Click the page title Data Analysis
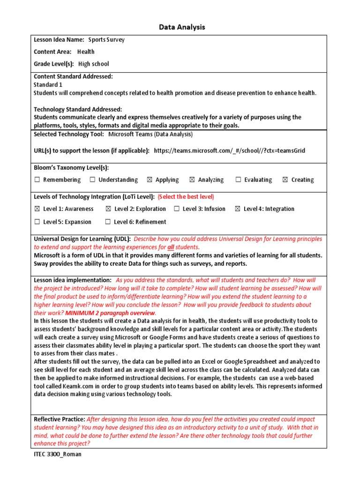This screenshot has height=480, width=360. pyautogui.click(x=180, y=27)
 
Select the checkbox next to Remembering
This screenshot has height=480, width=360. pyautogui.click(x=37, y=180)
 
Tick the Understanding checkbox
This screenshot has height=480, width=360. pyautogui.click(x=92, y=180)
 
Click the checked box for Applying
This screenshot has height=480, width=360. pyautogui.click(x=150, y=180)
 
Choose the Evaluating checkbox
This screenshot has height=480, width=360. pyautogui.click(x=238, y=180)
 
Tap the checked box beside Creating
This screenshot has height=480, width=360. pyautogui.click(x=285, y=180)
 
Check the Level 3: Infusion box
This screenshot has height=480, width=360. pyautogui.click(x=177, y=209)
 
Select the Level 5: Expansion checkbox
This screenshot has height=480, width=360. pyautogui.click(x=37, y=222)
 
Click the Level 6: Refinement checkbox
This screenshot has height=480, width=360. pyautogui.click(x=108, y=222)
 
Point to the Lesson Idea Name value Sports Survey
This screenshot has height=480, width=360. pyautogui.click(x=106, y=40)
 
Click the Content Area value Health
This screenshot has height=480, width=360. pyautogui.click(x=86, y=52)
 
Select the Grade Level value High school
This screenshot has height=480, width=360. pyautogui.click(x=93, y=64)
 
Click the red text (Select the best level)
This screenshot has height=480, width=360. pyautogui.click(x=187, y=196)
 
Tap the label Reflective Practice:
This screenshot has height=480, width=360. pyautogui.click(x=59, y=419)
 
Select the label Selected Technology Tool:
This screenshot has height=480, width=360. pyautogui.click(x=69, y=134)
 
